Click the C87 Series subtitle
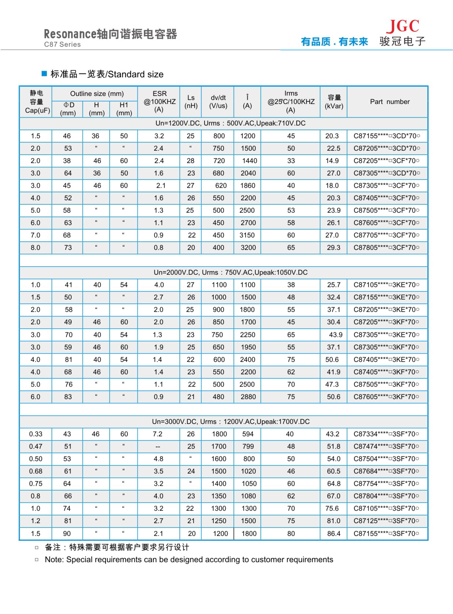coord(62,44)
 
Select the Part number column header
coord(389,102)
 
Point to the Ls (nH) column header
coord(191,102)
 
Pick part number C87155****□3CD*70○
coord(386,136)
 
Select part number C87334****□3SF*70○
coord(386,434)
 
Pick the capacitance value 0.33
coord(36,434)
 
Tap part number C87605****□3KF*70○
coord(386,397)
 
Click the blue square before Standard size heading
coord(44,73)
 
